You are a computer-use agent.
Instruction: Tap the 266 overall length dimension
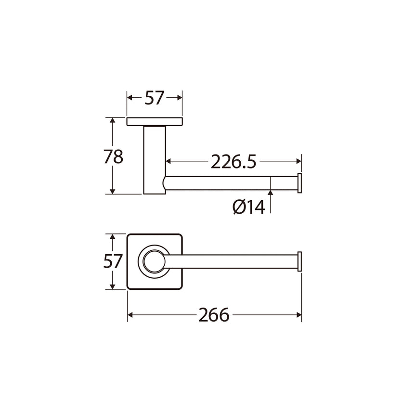click(x=214, y=315)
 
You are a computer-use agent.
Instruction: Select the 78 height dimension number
click(x=114, y=156)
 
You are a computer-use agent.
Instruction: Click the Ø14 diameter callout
click(x=248, y=207)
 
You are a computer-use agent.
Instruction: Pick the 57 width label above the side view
click(x=155, y=98)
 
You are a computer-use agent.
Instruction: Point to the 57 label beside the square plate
click(x=114, y=262)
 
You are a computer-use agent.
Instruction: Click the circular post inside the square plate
click(x=154, y=262)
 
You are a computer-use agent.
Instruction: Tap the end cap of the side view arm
click(x=299, y=183)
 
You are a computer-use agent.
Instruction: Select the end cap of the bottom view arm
click(x=299, y=262)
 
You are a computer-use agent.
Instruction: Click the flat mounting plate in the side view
click(x=155, y=122)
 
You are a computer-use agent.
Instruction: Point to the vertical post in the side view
click(x=154, y=159)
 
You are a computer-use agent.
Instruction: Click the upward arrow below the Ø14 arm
click(x=271, y=193)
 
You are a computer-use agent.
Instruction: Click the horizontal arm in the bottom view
click(x=231, y=262)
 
